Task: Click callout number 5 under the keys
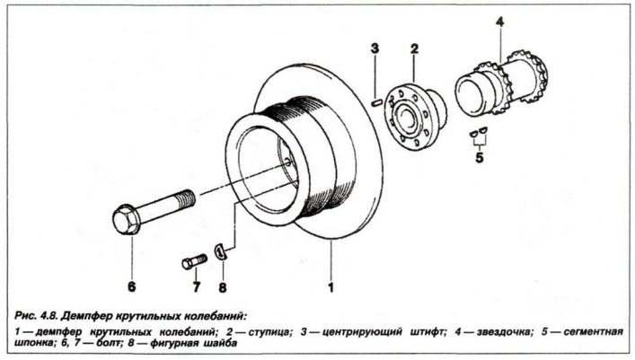click(x=478, y=159)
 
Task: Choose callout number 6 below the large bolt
click(x=131, y=287)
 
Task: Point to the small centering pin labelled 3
click(x=376, y=102)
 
